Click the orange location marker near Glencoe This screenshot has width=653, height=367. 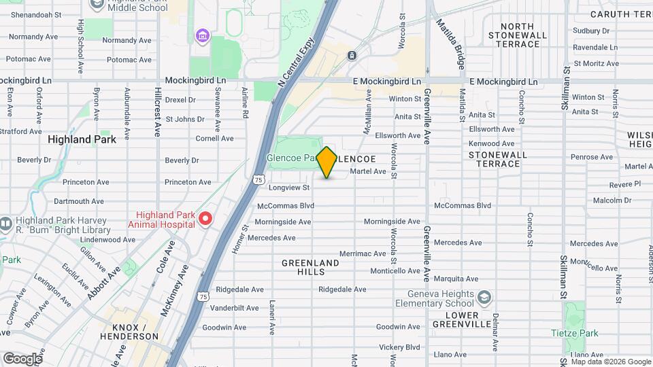point(326,162)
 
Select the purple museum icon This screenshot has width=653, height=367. point(201,35)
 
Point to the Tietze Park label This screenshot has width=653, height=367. point(575,333)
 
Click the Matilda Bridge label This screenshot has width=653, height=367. point(453,45)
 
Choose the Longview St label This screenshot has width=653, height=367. point(289,188)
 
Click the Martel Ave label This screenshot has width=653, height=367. point(368,171)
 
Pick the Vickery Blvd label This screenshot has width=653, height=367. point(399,347)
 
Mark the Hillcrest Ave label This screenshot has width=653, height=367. point(157,111)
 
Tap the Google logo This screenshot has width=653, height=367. point(22,358)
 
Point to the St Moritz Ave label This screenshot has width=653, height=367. point(596,63)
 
